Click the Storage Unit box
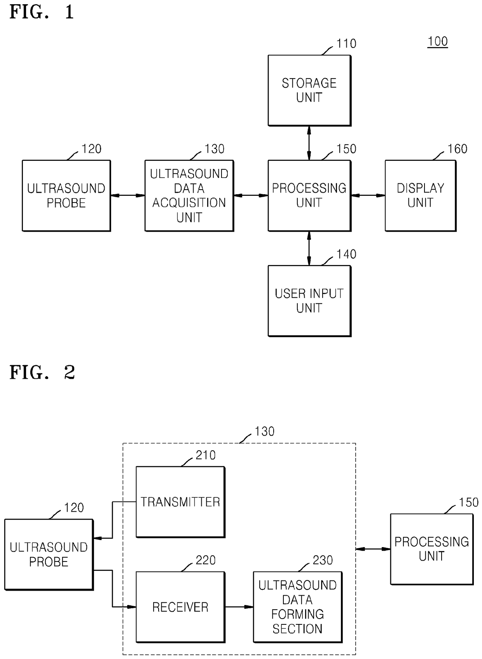point(309,91)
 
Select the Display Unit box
point(421,196)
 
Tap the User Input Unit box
point(309,301)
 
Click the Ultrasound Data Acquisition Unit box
point(189,196)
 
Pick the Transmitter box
point(180,502)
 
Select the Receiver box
point(180,607)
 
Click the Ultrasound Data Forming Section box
point(297,607)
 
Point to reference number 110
point(346,44)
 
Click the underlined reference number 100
point(438,42)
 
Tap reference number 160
point(457,149)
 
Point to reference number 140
point(346,254)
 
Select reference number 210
point(205,455)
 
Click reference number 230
point(323,560)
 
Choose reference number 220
point(205,560)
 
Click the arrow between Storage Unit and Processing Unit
point(309,143)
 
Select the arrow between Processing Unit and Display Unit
point(368,195)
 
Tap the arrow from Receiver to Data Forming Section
point(239,607)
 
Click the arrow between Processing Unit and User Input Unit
point(309,249)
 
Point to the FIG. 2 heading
point(42,373)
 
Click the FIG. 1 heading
point(42,12)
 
